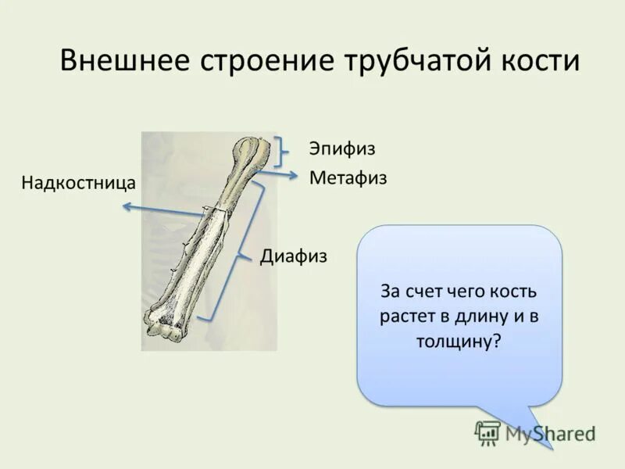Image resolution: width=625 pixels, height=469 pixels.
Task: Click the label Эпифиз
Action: pos(341,149)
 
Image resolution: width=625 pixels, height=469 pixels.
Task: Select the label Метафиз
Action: pos(348,178)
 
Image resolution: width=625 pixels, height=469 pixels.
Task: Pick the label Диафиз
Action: pos(293,256)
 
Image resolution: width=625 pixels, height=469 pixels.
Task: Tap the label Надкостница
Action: pos(79,183)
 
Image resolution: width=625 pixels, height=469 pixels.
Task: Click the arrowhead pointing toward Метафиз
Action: pos(296,175)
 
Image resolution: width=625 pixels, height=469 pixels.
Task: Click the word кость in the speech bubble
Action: pos(512,292)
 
